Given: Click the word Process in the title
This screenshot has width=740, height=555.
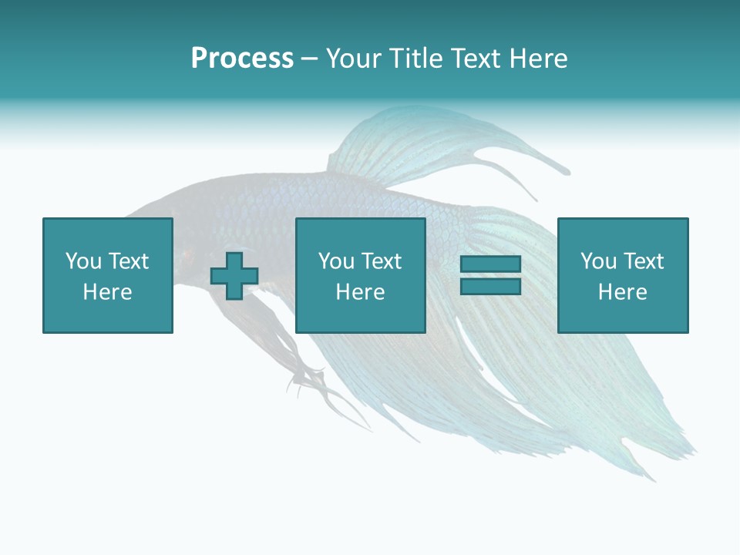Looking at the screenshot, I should [242, 59].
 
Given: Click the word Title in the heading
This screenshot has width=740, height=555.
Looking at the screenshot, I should [415, 59].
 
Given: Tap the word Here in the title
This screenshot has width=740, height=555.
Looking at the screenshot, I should [539, 59].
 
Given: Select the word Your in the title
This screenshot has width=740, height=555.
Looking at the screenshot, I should [354, 59].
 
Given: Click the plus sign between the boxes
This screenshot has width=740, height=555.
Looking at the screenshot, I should [234, 276].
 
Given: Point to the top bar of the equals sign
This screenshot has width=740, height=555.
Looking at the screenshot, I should [490, 264].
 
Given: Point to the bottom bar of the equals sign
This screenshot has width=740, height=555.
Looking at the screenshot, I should [490, 286].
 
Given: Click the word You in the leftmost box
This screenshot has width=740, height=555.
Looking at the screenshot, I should [82, 261].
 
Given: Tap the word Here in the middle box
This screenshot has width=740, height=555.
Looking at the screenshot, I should [360, 292].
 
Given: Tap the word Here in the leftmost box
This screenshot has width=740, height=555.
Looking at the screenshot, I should [107, 292].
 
